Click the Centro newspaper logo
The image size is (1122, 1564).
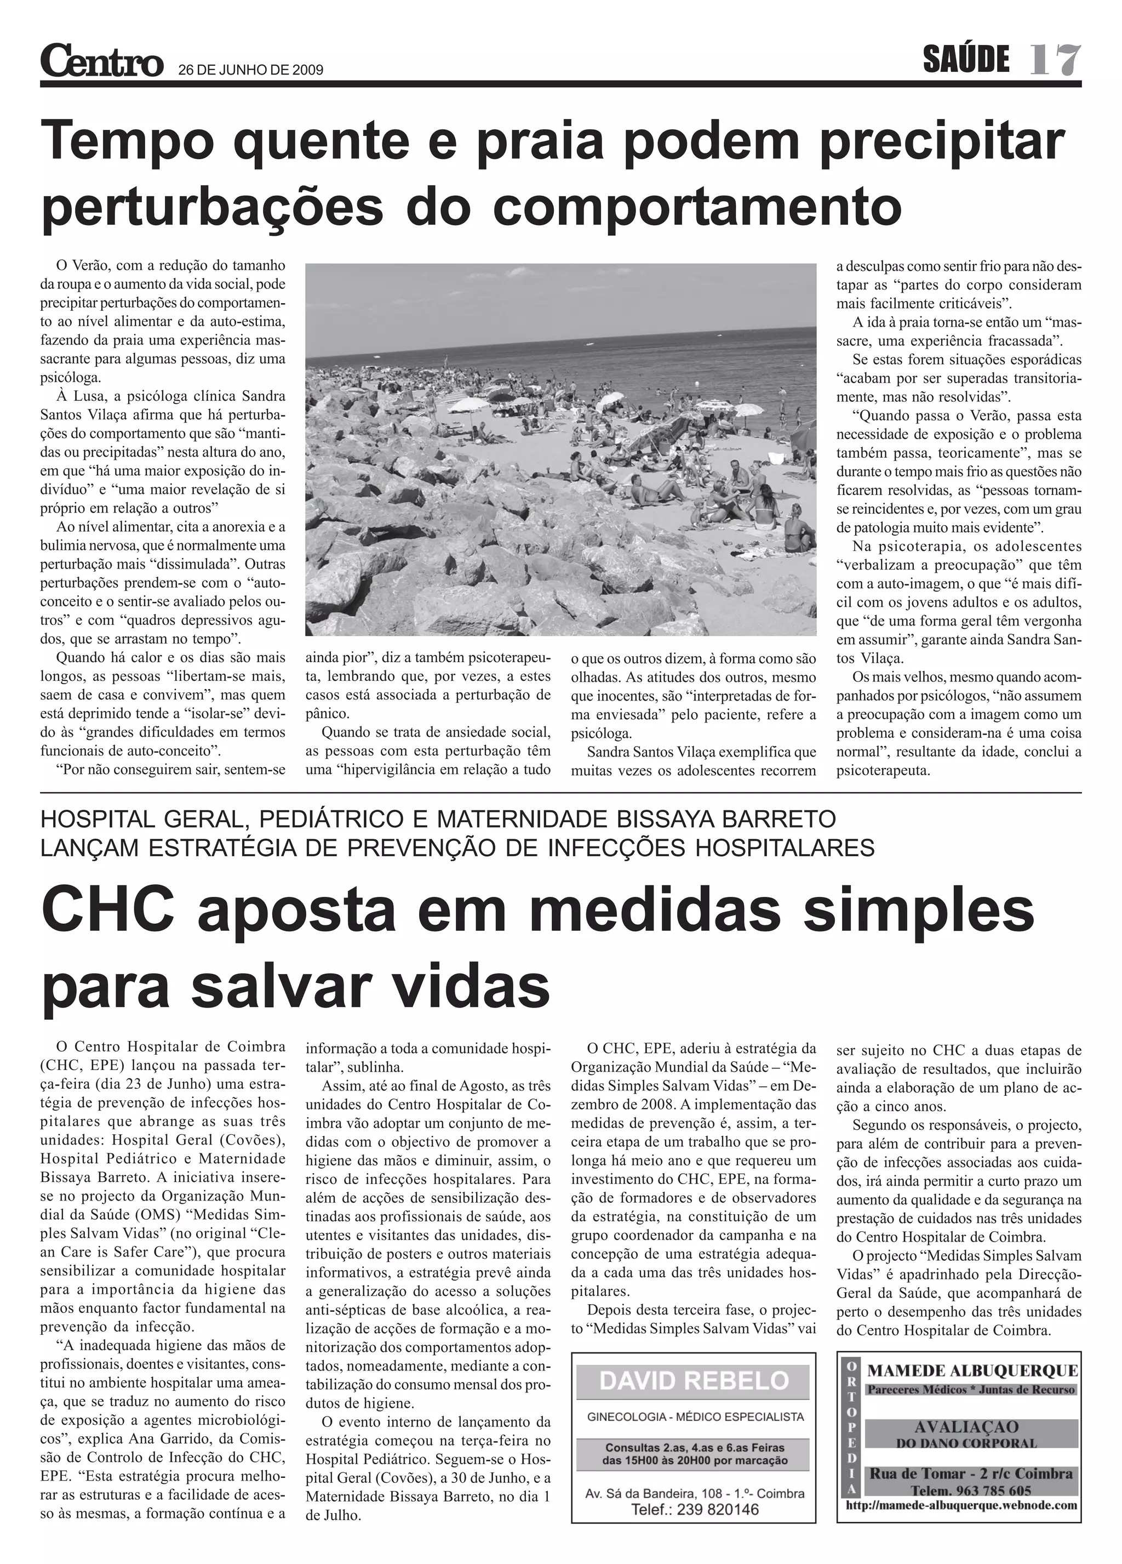(101, 61)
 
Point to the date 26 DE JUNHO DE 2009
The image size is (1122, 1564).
(251, 70)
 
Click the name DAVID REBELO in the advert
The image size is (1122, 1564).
(694, 1380)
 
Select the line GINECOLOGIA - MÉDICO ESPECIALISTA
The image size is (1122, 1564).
(694, 1417)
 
